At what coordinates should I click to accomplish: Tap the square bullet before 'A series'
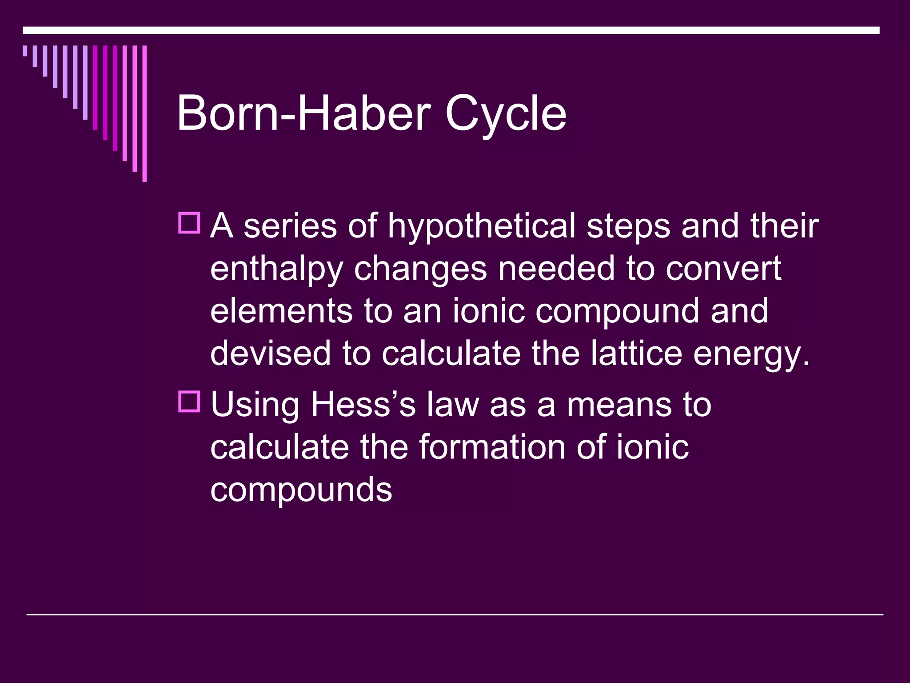tap(189, 223)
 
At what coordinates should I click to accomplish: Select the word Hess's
tap(363, 404)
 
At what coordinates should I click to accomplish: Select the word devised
tap(271, 353)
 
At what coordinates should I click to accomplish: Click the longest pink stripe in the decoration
tap(144, 114)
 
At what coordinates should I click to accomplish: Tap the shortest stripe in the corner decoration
tap(25, 51)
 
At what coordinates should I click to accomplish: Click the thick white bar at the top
tap(451, 31)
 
